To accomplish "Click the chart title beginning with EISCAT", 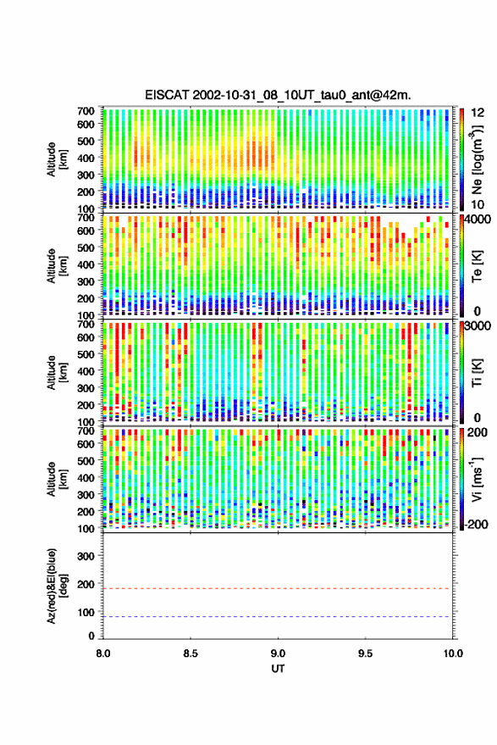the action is tap(279, 95).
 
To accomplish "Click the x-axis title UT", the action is tap(278, 669).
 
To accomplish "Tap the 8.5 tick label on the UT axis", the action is tap(191, 653).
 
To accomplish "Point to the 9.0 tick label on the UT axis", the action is tap(278, 653).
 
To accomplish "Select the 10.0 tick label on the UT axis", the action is tap(452, 653).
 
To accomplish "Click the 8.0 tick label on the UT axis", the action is tap(103, 653).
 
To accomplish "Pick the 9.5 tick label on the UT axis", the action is tap(365, 653).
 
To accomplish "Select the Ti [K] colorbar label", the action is tap(477, 373).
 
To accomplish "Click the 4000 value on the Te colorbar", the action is tap(477, 220).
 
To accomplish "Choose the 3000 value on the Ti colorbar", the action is tap(477, 326).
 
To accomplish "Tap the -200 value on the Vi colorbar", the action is tap(475, 524).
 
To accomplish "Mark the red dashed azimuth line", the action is tap(278, 588).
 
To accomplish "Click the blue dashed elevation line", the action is tap(278, 616).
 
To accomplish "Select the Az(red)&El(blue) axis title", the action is tap(56, 586).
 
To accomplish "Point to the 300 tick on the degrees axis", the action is tap(86, 556).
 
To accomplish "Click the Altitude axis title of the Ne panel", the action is tap(56, 158).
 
